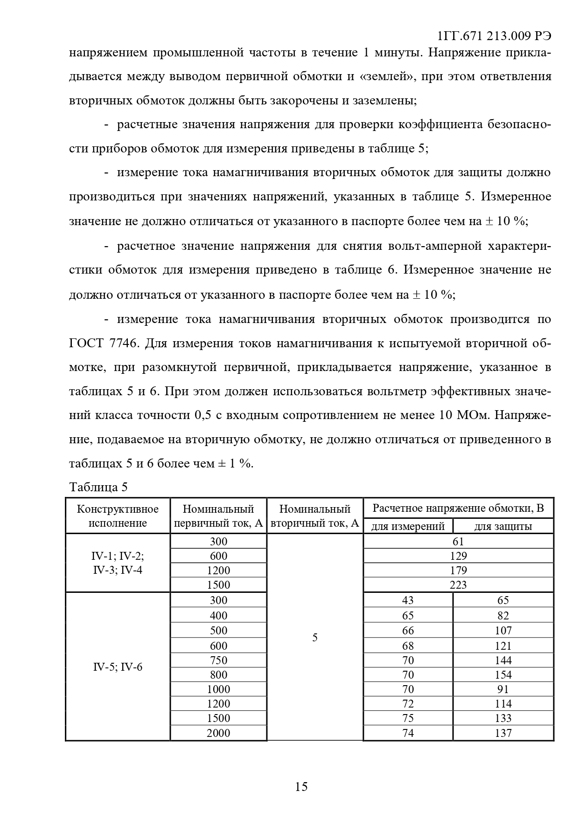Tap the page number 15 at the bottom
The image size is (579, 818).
[301, 787]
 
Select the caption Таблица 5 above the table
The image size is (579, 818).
[98, 488]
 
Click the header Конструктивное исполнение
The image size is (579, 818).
[118, 516]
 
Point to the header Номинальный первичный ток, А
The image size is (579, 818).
[218, 516]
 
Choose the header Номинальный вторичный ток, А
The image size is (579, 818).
[315, 516]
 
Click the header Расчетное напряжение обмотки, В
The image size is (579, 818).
[458, 509]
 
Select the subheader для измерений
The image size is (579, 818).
[408, 527]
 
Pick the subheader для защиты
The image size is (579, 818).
[503, 527]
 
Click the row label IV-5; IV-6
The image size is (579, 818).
[118, 667]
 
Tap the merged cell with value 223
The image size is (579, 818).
[458, 585]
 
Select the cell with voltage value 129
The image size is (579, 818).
[458, 556]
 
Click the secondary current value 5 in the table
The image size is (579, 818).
[315, 638]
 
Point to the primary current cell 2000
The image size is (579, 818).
[218, 733]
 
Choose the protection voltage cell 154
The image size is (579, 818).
[503, 675]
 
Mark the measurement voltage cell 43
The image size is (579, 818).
[408, 600]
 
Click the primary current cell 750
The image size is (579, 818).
[218, 660]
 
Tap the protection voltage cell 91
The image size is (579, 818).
[503, 689]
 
